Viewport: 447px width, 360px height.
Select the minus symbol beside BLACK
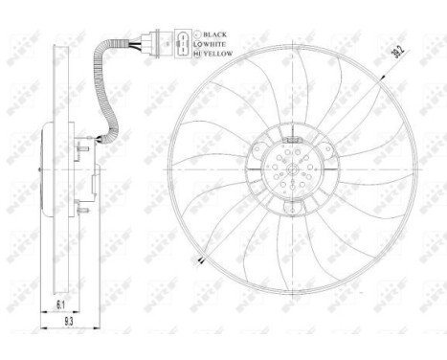[197, 34]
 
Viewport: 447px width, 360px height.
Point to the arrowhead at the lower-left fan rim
[200, 259]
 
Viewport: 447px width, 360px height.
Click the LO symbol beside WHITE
[197, 44]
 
